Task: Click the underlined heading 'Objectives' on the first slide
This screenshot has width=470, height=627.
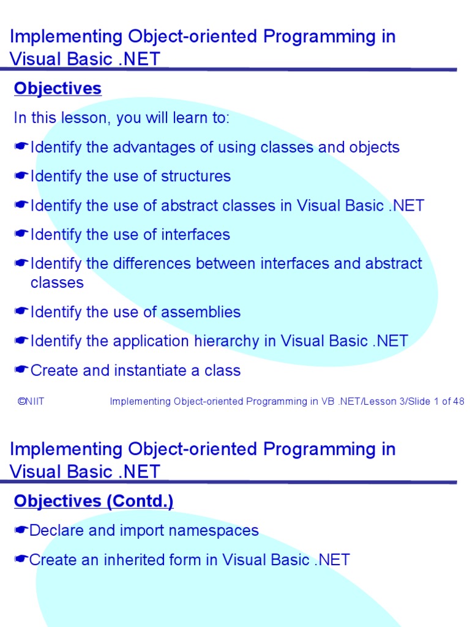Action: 58,89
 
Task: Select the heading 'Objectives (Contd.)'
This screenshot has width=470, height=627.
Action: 94,501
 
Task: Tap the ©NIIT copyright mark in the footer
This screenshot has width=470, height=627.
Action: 31,402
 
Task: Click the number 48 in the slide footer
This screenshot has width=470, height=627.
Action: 458,402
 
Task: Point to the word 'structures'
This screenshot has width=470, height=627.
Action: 196,176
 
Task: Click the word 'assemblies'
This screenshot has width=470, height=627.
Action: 201,312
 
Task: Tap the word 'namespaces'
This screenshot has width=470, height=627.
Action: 220,531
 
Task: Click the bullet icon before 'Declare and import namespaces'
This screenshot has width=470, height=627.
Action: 21,531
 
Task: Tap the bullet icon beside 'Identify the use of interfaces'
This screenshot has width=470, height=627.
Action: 21,235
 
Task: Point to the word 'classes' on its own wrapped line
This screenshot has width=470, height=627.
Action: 57,283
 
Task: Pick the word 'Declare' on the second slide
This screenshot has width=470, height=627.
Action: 57,531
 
